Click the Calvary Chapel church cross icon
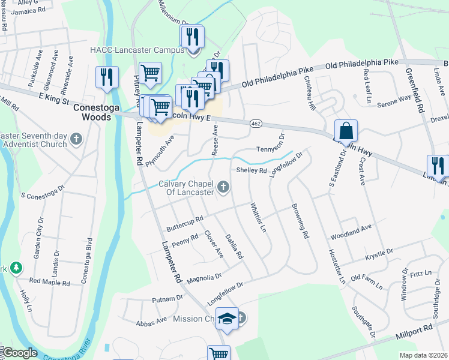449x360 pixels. coord(223,188)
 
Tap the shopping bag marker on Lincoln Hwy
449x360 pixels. coord(346,130)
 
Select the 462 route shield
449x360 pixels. coord(256,123)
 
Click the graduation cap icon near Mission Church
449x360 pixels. coord(228,318)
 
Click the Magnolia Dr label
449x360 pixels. coord(204,279)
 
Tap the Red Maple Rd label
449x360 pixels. coord(50,281)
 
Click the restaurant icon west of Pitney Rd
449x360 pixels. coord(107,77)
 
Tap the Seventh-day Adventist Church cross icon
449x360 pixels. coord(76,139)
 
